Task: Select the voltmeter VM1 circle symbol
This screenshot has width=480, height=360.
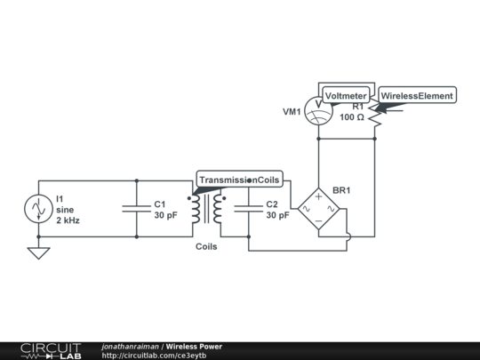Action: (318, 113)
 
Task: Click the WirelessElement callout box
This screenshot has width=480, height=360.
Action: (417, 95)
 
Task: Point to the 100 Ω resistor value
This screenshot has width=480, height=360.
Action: (353, 118)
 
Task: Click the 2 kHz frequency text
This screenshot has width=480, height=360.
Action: (68, 220)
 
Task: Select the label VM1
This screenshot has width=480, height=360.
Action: (292, 112)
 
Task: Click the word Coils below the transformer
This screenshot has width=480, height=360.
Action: (206, 247)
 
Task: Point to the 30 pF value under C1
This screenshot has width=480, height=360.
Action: (165, 214)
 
